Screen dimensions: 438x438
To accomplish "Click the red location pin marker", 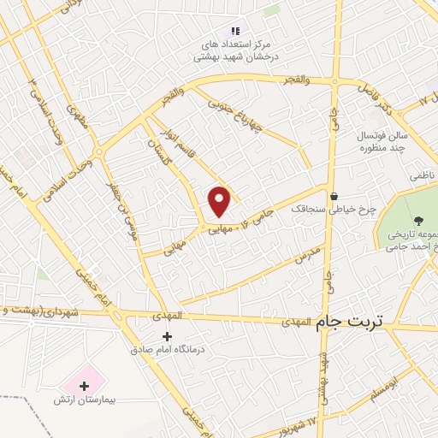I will (220, 201).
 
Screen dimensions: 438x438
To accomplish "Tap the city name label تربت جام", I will (351, 323).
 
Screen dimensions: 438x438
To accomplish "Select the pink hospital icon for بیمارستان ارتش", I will (83, 385).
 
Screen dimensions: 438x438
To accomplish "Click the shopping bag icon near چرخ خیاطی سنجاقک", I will (333, 195).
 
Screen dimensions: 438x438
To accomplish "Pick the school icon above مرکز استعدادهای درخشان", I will (235, 31).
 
